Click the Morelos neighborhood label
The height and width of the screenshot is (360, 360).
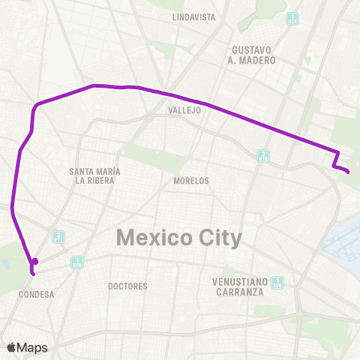(190, 181)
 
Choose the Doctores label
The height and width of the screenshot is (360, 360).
(127, 286)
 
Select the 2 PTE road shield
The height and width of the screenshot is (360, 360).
(58, 237)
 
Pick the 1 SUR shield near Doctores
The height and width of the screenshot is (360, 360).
(76, 262)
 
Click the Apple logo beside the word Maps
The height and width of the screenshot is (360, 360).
(11, 347)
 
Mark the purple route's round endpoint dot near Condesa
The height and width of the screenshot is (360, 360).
(35, 261)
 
